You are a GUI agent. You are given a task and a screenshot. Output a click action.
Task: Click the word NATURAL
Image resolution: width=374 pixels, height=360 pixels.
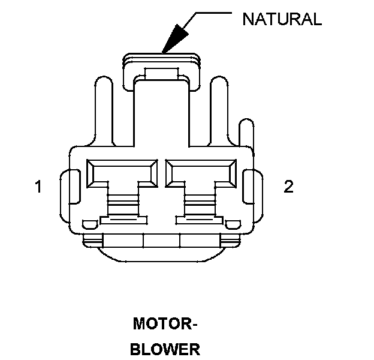[282, 19]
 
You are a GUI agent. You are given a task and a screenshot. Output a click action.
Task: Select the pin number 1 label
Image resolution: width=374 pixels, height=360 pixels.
[38, 187]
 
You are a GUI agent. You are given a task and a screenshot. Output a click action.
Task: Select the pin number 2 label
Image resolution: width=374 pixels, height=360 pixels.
[289, 187]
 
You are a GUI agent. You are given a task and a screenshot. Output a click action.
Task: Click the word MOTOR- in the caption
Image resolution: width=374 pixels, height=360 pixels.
[165, 325]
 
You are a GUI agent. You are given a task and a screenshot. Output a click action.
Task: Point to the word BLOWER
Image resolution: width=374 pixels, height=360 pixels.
[165, 349]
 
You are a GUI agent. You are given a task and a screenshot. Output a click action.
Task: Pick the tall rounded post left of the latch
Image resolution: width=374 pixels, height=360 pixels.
[103, 111]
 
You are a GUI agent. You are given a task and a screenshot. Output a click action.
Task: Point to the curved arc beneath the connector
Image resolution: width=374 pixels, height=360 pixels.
[162, 257]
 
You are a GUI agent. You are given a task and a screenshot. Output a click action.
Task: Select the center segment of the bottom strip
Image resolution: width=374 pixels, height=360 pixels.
[162, 241]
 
